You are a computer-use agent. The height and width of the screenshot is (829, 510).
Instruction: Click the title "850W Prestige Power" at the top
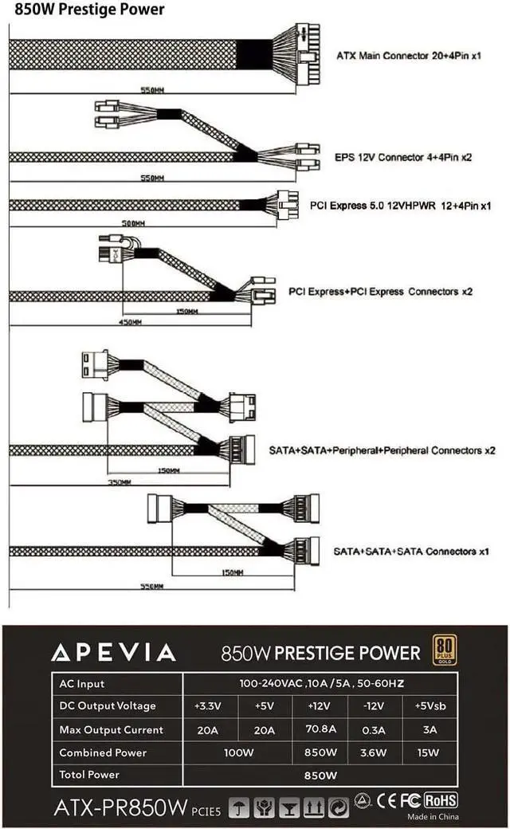tap(89, 10)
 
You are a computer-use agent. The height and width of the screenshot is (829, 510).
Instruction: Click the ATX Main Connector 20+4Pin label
tap(409, 55)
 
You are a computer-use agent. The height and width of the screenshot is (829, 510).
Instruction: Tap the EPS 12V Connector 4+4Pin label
tap(403, 157)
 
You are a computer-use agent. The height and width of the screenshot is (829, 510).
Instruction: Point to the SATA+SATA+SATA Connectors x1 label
tap(411, 551)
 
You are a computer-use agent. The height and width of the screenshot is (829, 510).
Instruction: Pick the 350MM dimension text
tap(120, 483)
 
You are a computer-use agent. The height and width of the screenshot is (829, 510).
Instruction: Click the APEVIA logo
tap(113, 653)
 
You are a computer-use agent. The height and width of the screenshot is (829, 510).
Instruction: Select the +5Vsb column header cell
tap(430, 705)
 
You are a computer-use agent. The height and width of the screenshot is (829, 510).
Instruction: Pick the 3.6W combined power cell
tap(375, 752)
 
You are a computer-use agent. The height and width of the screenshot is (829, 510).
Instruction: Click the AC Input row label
tap(82, 683)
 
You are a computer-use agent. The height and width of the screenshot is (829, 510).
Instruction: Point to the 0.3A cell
tap(375, 729)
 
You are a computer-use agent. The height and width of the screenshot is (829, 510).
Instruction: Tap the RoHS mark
tap(441, 800)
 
